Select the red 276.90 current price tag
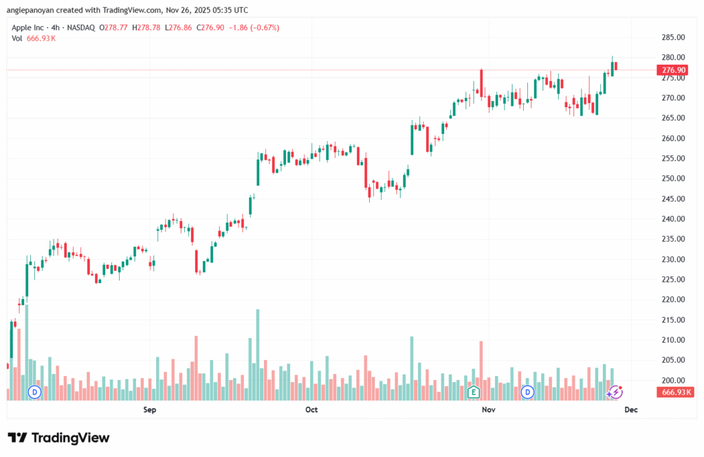[x=673, y=70]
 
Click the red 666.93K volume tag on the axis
[x=676, y=392]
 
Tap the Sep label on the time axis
[x=150, y=410]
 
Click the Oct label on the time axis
[x=311, y=410]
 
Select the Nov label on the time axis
[x=488, y=410]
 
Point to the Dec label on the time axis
[x=630, y=410]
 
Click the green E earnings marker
[x=472, y=392]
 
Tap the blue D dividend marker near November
[x=527, y=392]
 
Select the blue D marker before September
[x=34, y=392]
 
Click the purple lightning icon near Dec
[x=616, y=392]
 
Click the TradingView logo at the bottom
[x=58, y=438]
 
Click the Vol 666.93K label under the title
[x=34, y=38]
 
